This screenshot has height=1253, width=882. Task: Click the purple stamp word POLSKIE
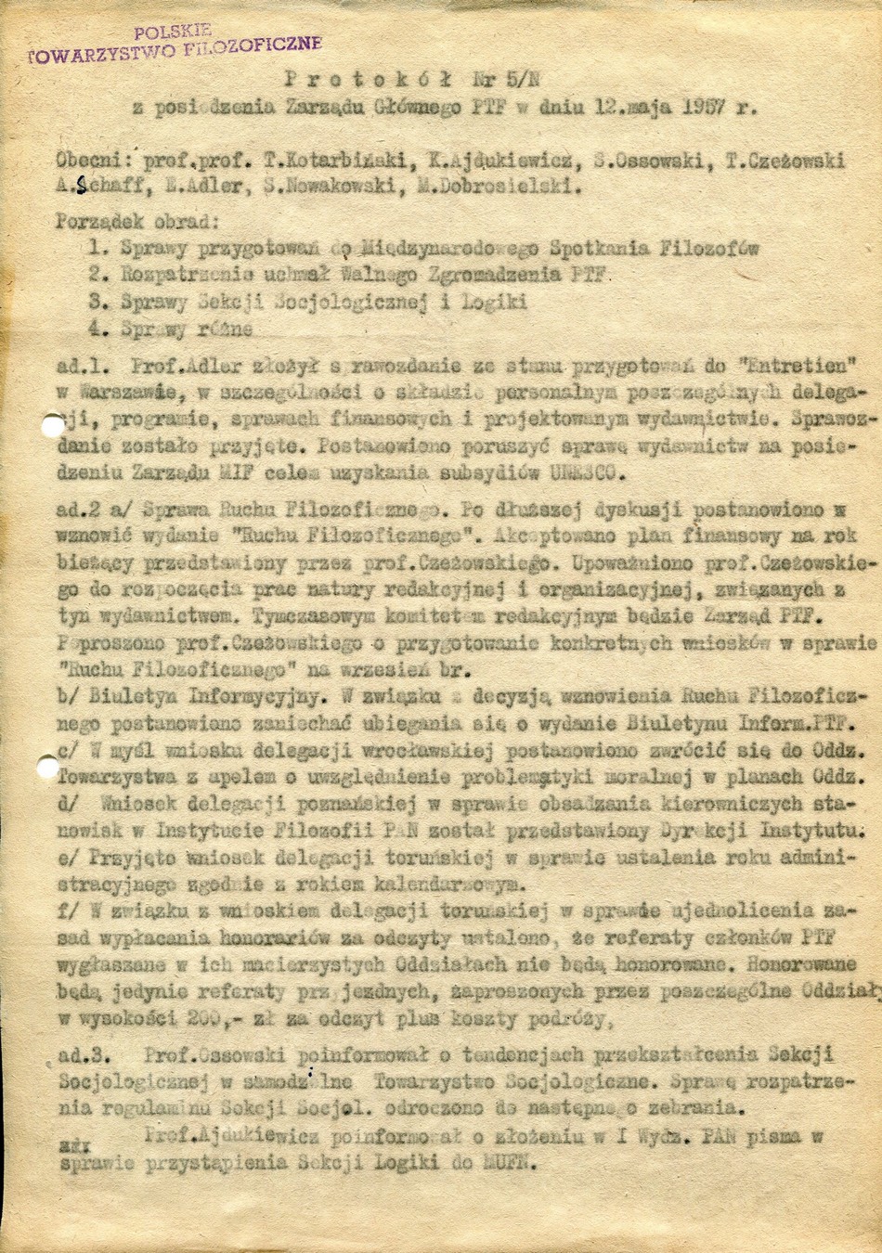pyautogui.click(x=173, y=30)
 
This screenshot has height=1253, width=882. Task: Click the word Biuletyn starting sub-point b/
pyautogui.click(x=131, y=693)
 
